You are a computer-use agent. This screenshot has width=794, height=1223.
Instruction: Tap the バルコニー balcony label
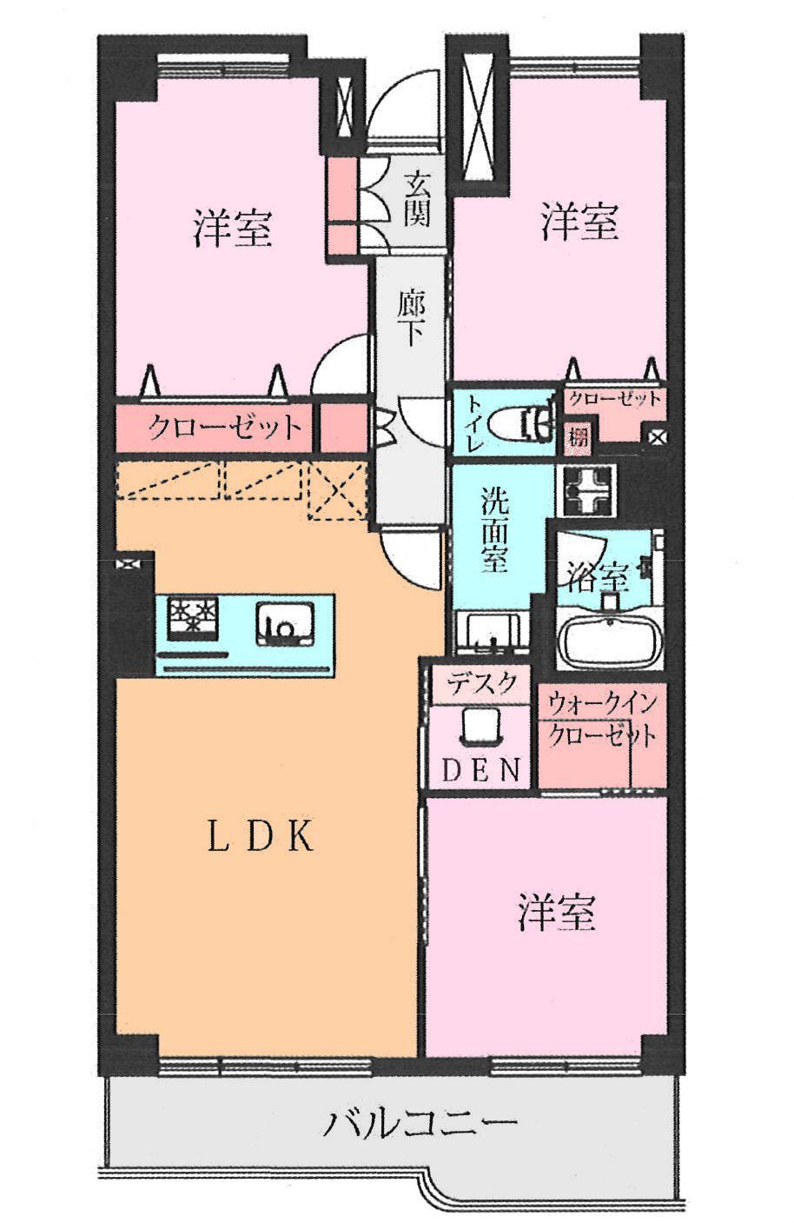[x=420, y=1125]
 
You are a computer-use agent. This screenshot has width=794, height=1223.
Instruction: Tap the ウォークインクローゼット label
[x=602, y=720]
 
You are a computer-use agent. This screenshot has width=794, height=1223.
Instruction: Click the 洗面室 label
[x=494, y=530]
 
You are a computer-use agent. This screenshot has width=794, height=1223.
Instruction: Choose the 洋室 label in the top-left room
[x=233, y=227]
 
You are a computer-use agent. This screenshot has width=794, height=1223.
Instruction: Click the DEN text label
[x=480, y=770]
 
